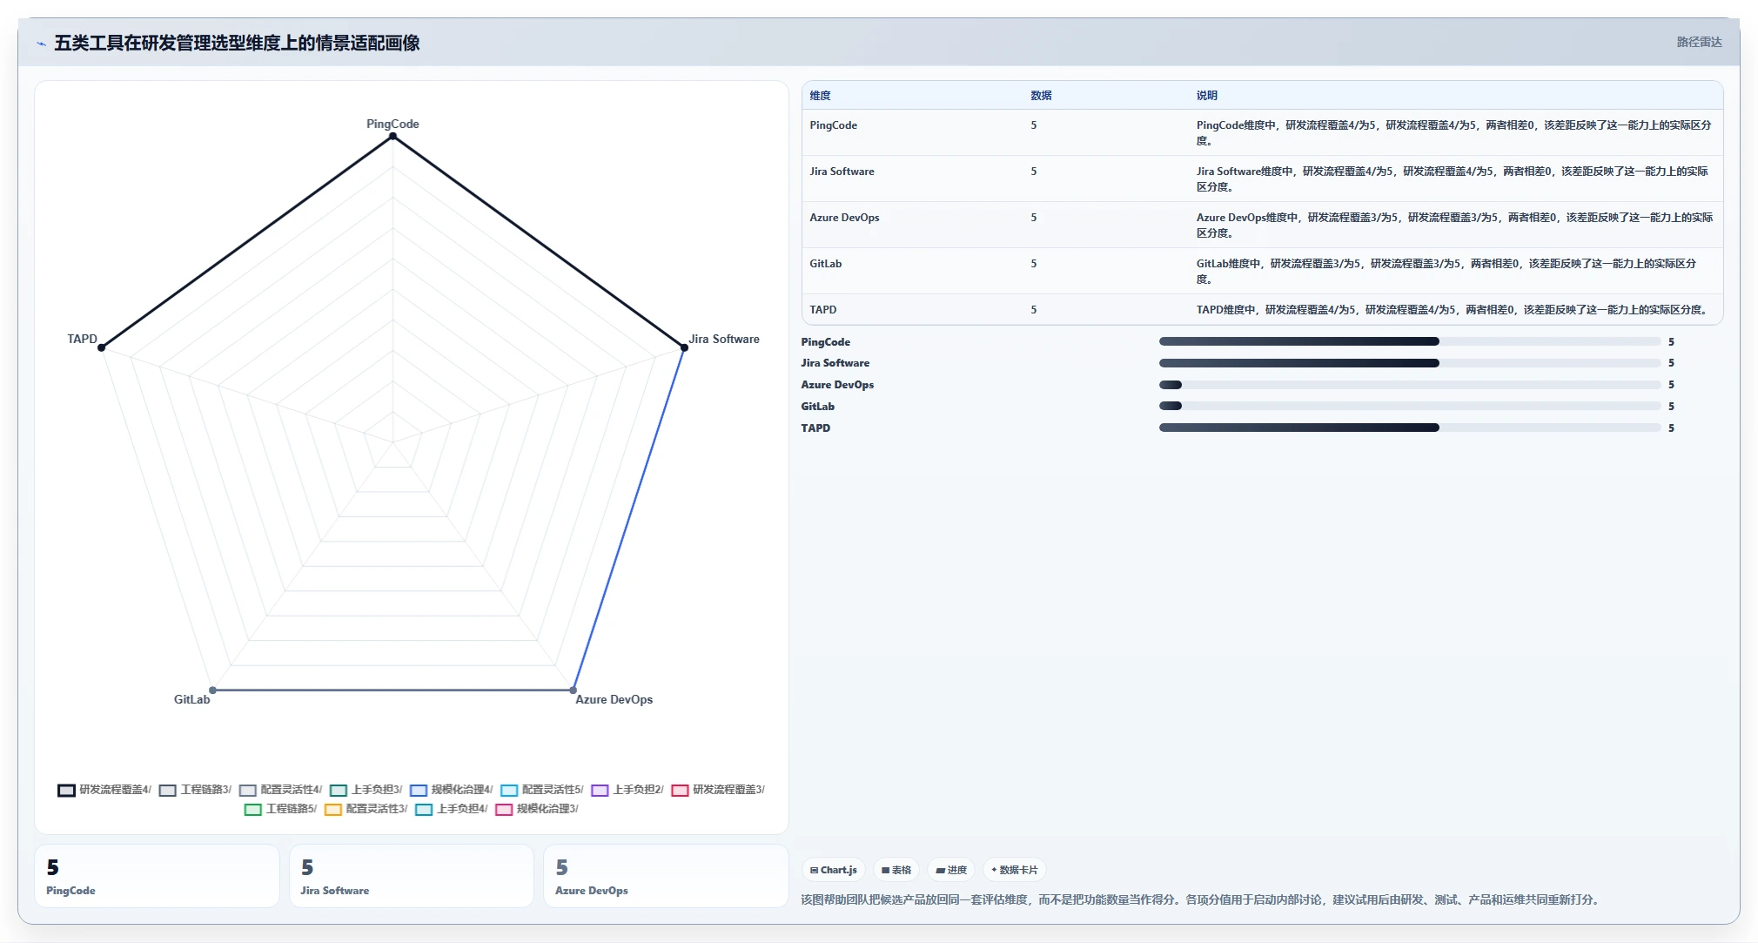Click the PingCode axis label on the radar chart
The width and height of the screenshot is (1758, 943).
click(393, 124)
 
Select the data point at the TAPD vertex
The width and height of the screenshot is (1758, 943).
click(102, 347)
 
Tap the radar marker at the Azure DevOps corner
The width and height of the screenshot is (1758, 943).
click(573, 690)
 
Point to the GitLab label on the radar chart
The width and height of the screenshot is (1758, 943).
click(191, 699)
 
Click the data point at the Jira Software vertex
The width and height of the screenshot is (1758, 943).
click(684, 347)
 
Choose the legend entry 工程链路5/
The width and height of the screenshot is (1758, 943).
click(280, 809)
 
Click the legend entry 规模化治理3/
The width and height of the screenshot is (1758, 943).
click(536, 809)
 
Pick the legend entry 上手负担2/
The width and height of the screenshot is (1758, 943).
click(627, 790)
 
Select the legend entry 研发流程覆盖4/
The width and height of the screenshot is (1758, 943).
click(104, 790)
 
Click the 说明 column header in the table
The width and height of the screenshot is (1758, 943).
click(1206, 96)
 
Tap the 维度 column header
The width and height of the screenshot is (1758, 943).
click(820, 96)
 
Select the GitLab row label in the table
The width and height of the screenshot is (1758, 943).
click(825, 264)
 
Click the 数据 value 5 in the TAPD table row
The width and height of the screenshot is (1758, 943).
click(1034, 310)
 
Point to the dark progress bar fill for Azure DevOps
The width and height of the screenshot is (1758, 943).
click(1171, 385)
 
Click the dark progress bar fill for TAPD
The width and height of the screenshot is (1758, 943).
click(1298, 428)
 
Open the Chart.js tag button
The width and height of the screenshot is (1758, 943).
click(833, 870)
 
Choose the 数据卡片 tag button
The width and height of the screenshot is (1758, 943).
click(1014, 870)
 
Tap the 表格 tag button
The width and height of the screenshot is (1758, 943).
click(896, 870)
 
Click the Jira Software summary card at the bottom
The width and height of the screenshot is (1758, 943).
click(411, 876)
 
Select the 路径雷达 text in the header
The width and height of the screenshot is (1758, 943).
click(1699, 42)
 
